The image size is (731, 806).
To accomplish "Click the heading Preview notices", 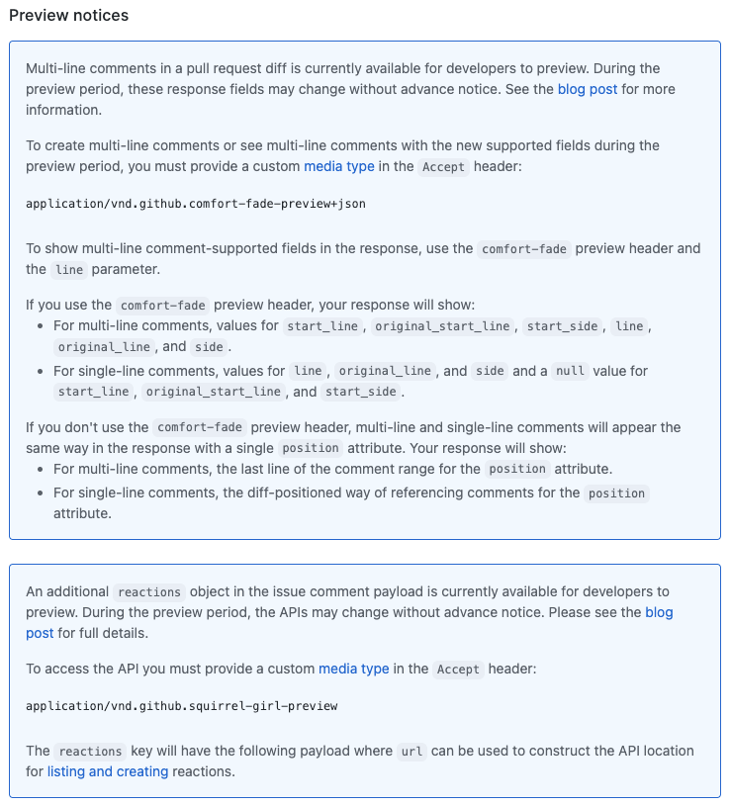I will pyautogui.click(x=68, y=16).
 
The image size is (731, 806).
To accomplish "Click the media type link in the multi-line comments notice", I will pyautogui.click(x=339, y=166).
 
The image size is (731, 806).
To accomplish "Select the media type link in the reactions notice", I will pyautogui.click(x=354, y=669).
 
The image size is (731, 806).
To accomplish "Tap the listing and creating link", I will pyautogui.click(x=108, y=771).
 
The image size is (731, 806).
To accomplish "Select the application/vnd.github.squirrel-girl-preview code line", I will pyautogui.click(x=182, y=705).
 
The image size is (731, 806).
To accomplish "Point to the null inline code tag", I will pyautogui.click(x=570, y=372).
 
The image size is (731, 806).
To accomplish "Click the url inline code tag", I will pyautogui.click(x=411, y=752).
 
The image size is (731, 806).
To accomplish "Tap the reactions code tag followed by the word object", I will pyautogui.click(x=149, y=592).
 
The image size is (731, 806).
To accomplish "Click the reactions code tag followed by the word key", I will pyautogui.click(x=90, y=752).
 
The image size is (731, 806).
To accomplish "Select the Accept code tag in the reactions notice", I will pyautogui.click(x=458, y=670).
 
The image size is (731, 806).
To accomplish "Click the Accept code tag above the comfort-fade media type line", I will pyautogui.click(x=443, y=167).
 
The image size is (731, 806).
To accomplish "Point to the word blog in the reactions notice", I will pyautogui.click(x=659, y=612).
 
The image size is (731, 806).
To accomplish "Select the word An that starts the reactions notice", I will pyautogui.click(x=35, y=591).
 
